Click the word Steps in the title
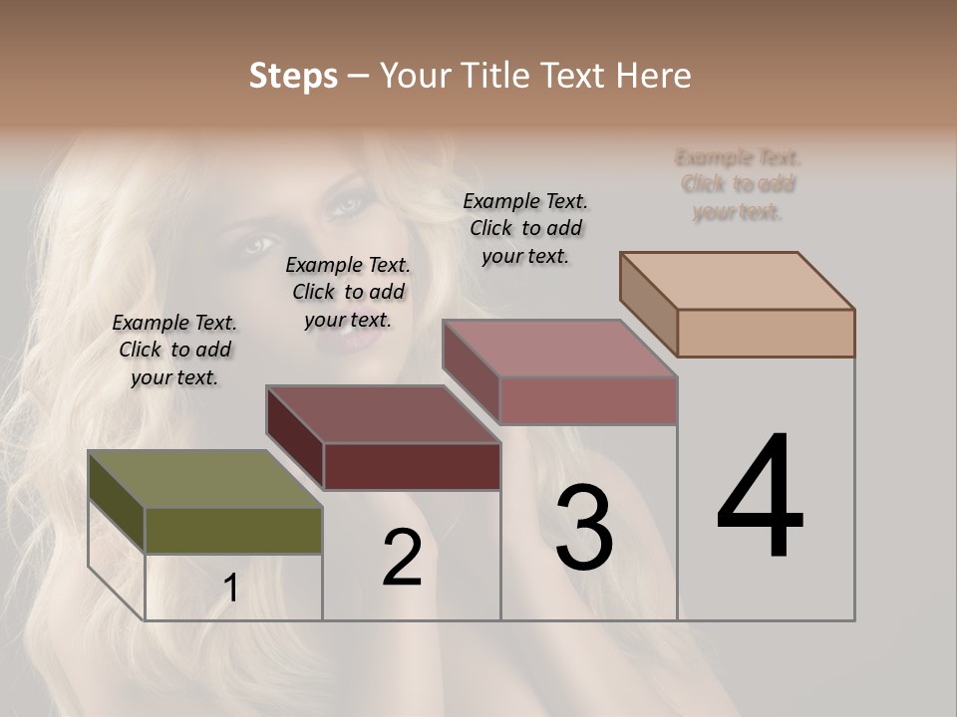(293, 76)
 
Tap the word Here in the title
(654, 76)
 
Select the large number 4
(760, 497)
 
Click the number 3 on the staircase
(584, 528)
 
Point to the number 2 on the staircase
(402, 558)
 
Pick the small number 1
(231, 589)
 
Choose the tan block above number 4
(738, 280)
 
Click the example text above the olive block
(174, 350)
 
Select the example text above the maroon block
(348, 292)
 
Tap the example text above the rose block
(525, 228)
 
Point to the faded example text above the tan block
(738, 184)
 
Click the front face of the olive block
(233, 531)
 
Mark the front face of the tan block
(766, 333)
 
